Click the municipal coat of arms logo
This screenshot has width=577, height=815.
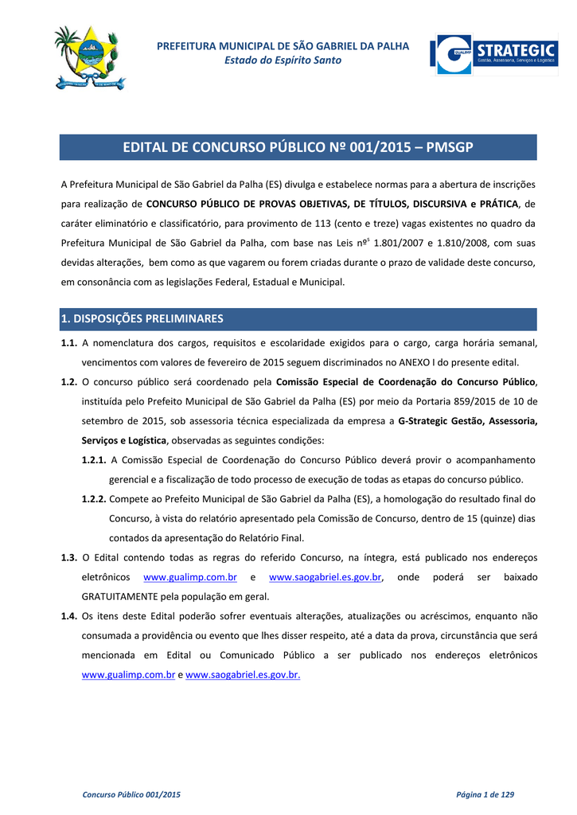[90, 57]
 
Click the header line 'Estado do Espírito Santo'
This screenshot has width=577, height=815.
[283, 60]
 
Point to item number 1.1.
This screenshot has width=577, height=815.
[69, 343]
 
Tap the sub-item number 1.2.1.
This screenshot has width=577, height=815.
[94, 460]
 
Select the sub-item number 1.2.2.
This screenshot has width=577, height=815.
[94, 499]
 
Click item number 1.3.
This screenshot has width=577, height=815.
[69, 557]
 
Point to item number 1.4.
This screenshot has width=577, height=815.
[69, 615]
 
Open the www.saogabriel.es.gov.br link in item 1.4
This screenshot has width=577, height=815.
[243, 674]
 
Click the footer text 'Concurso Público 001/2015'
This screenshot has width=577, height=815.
[132, 794]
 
